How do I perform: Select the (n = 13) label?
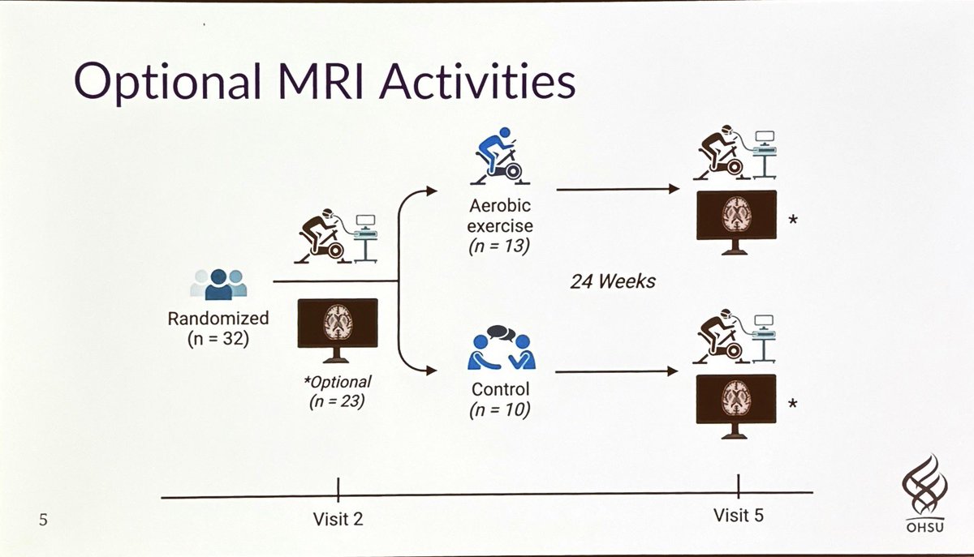tap(500, 244)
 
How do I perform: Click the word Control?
tap(500, 389)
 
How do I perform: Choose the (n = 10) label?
tap(500, 410)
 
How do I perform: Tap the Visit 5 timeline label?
tap(739, 515)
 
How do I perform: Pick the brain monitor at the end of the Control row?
tap(737, 401)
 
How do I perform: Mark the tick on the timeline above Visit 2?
tap(338, 491)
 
